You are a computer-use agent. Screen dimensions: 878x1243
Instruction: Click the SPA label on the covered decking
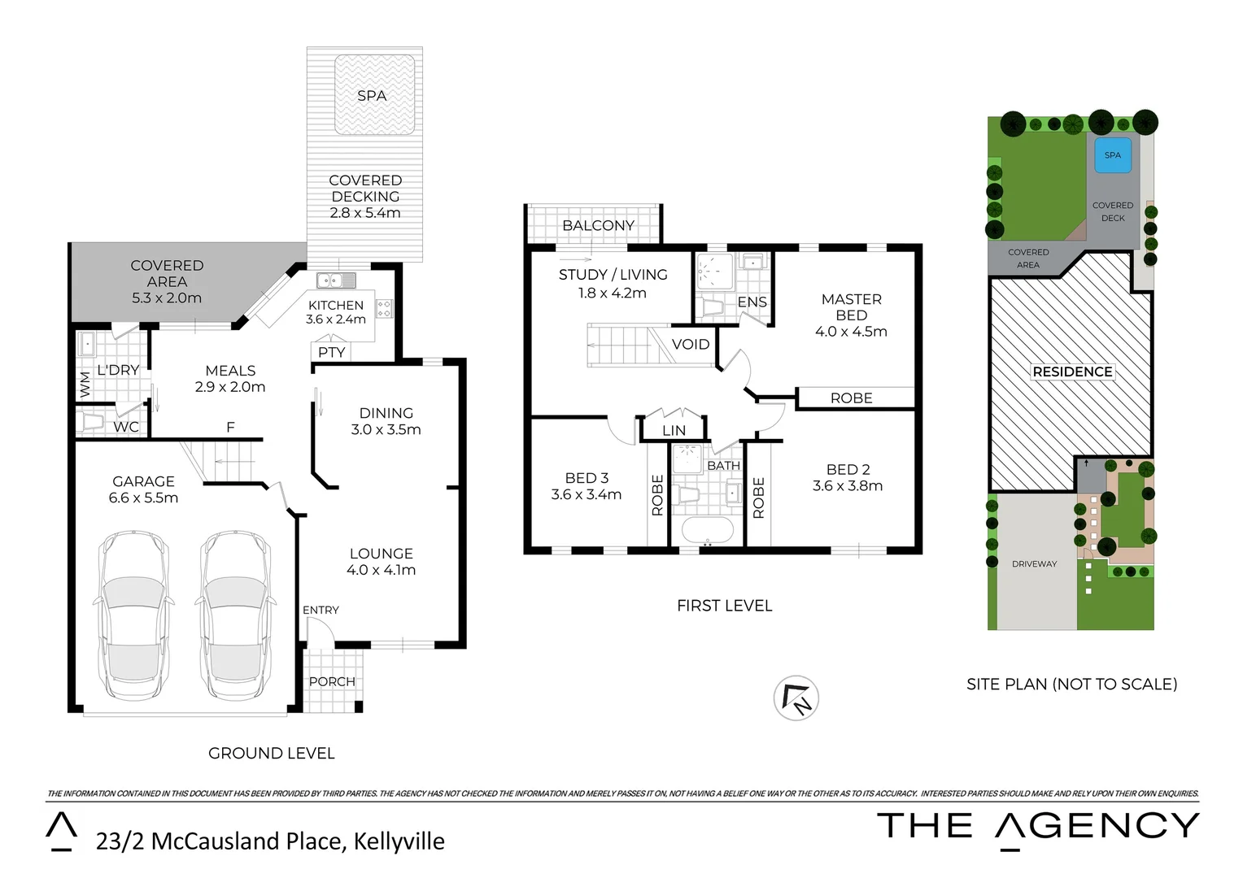372,96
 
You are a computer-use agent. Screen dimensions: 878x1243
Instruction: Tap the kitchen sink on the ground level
336,280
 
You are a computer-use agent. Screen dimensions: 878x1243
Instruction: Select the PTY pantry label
332,352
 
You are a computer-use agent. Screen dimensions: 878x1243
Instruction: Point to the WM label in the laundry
85,384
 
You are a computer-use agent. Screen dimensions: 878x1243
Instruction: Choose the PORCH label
332,681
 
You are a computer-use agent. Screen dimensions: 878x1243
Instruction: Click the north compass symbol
796,698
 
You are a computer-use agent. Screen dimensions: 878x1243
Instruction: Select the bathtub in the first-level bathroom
707,531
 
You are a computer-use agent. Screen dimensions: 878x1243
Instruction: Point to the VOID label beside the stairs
691,344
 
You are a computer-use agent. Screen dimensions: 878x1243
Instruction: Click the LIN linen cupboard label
674,431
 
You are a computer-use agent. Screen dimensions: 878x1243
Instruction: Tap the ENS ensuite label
752,302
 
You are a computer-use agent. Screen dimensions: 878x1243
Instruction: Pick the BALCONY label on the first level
598,225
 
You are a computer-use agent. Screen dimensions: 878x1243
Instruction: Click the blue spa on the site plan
1113,155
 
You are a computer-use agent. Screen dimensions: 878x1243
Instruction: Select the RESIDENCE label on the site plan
1072,372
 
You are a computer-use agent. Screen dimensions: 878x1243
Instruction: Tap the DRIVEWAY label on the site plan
1034,563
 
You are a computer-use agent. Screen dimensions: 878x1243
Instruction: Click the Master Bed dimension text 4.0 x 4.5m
851,332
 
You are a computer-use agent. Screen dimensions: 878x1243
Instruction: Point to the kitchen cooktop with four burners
384,308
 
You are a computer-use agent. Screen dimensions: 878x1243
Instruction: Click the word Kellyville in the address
399,841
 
